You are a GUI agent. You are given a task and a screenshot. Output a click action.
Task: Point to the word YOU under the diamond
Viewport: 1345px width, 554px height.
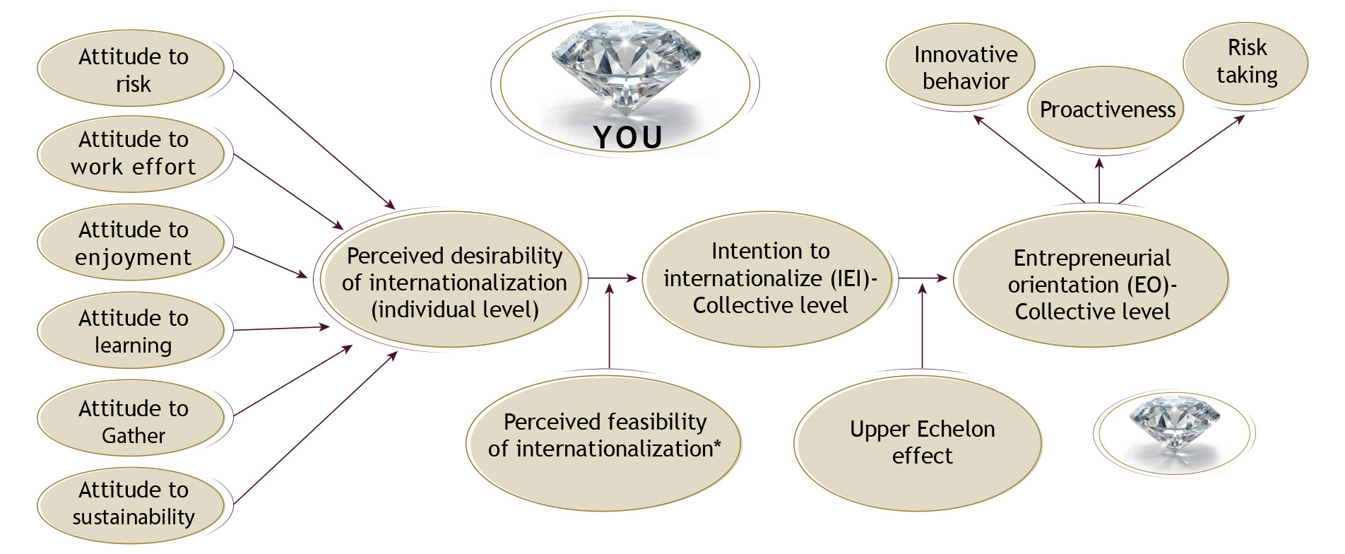coord(627,137)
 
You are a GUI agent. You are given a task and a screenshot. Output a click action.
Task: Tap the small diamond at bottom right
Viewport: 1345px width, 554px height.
coord(1173,422)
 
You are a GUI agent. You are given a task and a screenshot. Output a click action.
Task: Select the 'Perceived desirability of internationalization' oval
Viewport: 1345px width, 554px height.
coord(454,281)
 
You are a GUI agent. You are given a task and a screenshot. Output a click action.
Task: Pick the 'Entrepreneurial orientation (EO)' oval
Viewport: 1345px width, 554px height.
coord(1091,283)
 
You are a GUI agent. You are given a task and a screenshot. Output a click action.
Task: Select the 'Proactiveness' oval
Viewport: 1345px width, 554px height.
coord(1106,109)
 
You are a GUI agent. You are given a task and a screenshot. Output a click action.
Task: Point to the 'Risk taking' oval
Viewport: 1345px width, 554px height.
coord(1246,62)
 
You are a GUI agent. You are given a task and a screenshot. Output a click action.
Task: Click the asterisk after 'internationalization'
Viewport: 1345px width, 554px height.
coord(718,444)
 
